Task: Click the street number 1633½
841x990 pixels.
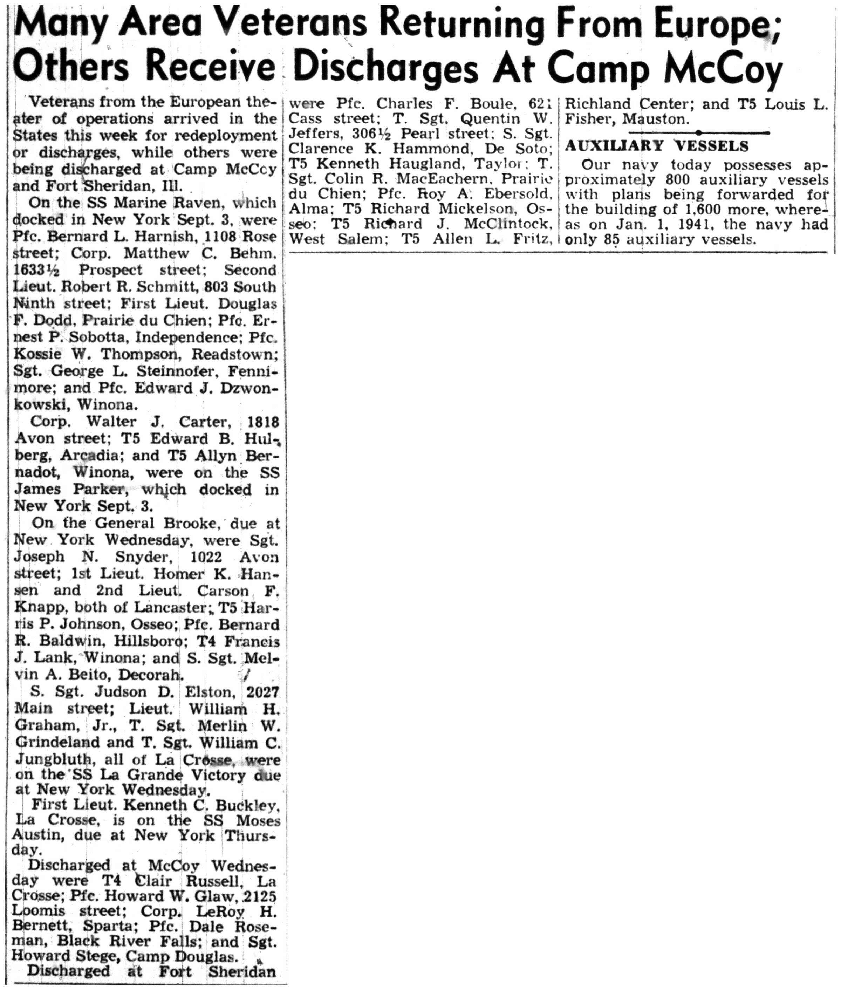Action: coord(37,271)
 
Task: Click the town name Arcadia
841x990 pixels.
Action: coord(89,456)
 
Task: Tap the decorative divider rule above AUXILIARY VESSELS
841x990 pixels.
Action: coord(698,132)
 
